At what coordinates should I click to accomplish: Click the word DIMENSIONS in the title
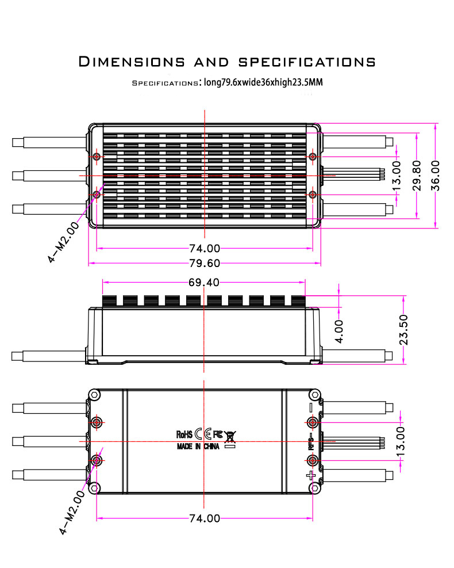pos(132,62)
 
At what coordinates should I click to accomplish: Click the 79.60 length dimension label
pos(205,264)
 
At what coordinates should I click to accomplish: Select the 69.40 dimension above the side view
pos(204,282)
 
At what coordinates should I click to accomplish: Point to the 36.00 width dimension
pos(435,176)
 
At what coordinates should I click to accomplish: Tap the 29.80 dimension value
pos(417,176)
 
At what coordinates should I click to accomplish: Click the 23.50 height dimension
pos(403,330)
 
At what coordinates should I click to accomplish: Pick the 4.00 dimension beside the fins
pos(339,331)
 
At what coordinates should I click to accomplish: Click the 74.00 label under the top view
pos(205,249)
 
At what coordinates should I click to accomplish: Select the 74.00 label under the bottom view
pos(205,519)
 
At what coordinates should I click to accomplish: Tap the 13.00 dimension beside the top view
pos(397,176)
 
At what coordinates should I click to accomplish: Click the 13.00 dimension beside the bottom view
pos(401,441)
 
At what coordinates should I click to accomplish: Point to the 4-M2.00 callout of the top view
pos(63,242)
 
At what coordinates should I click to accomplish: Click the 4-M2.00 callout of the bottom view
pos(72,513)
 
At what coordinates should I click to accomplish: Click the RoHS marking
pos(184,434)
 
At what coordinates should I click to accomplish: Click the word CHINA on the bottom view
pos(211,447)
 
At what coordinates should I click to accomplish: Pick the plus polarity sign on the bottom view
pos(311,475)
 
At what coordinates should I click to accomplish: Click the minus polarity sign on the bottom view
pos(311,407)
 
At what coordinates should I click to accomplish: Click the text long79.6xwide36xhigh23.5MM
pos(263,82)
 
